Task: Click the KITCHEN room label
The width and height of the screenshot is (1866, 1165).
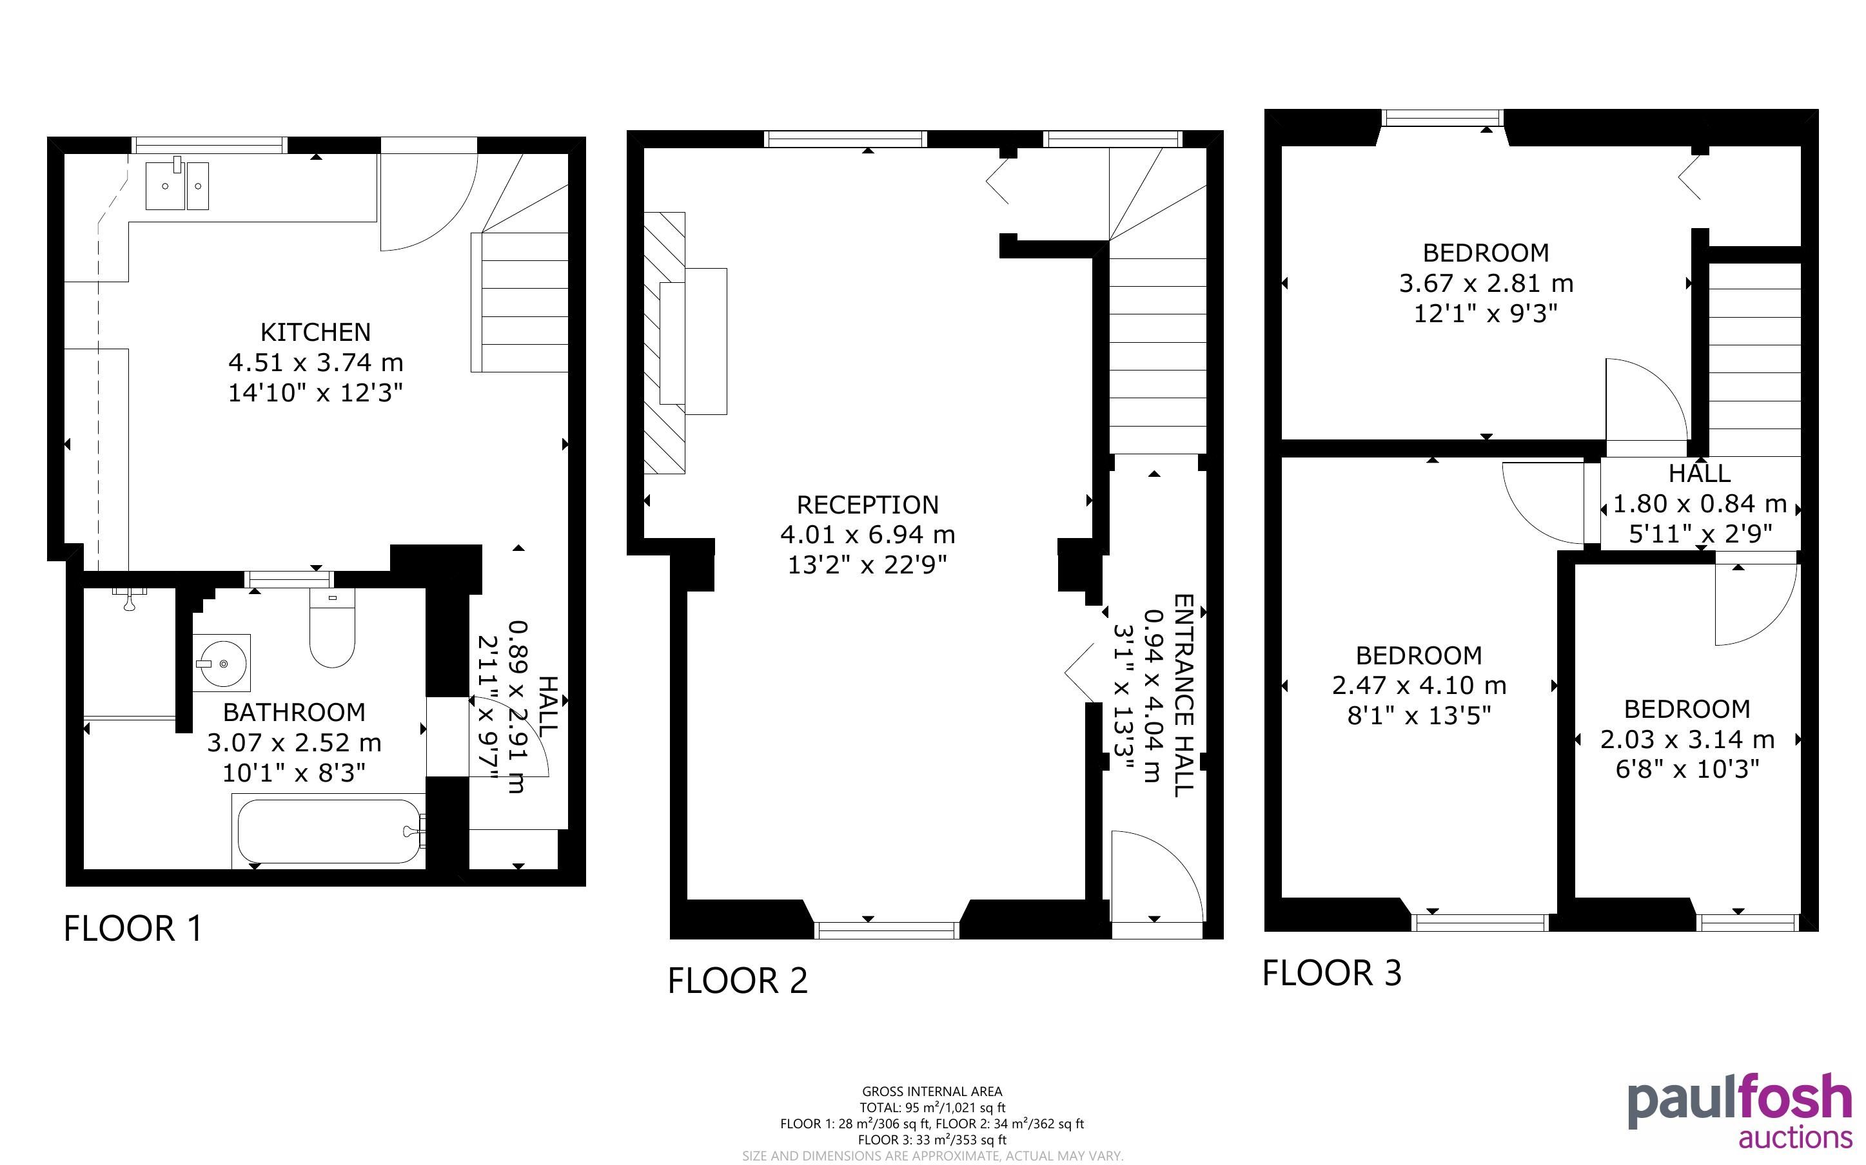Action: tap(315, 332)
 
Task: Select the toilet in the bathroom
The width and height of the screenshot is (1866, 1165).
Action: tap(332, 627)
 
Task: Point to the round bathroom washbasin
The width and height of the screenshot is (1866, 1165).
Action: tap(222, 662)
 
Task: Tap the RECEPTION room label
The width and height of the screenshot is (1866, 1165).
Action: tap(868, 505)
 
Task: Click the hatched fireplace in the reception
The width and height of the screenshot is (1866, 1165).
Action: tap(664, 343)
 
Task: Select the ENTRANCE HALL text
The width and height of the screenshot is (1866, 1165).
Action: tap(1184, 695)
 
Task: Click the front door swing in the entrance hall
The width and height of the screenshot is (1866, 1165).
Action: tap(1156, 875)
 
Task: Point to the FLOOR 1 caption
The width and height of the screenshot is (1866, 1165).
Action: tap(133, 929)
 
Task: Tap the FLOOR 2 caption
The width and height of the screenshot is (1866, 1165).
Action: tap(738, 981)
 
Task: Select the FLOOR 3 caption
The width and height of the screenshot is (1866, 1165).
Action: tap(1332, 973)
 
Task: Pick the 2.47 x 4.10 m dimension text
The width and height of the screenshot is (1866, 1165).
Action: tap(1419, 685)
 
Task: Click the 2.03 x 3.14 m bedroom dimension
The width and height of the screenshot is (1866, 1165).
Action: tap(1687, 740)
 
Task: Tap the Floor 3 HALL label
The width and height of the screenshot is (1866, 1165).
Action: tap(1700, 472)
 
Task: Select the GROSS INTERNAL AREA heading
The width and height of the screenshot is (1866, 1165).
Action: tap(932, 1091)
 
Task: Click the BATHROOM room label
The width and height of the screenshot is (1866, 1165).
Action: tap(293, 712)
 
